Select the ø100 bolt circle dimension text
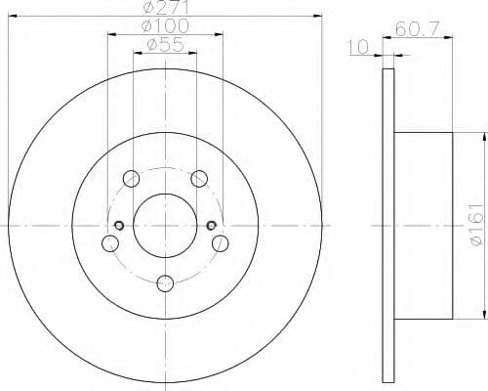coord(164,25)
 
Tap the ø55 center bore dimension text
coord(164,44)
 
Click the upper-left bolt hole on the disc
coord(131,178)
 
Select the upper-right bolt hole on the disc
coord(199,178)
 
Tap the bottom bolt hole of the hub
coord(165,283)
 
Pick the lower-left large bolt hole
coord(109,243)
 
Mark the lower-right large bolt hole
coord(221,243)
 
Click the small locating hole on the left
coord(119,227)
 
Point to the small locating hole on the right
coord(212,227)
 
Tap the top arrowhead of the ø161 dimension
coord(482,135)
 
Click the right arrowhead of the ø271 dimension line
coord(319,16)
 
